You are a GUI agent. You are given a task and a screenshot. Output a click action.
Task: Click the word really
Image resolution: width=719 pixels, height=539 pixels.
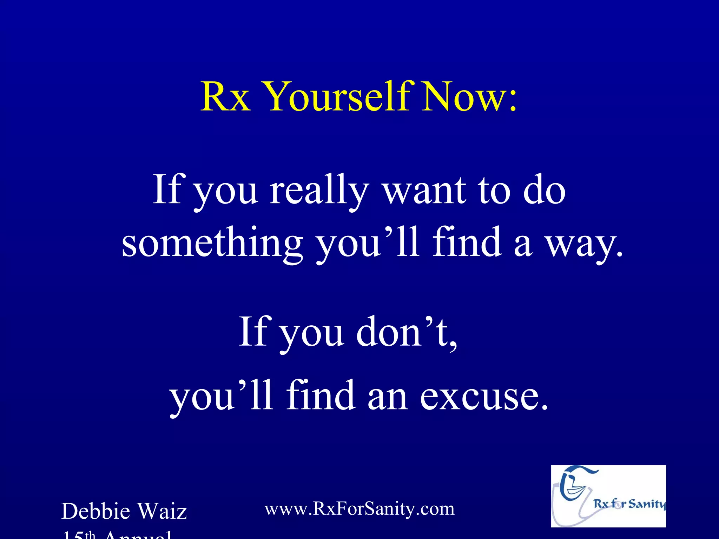pyautogui.click(x=319, y=191)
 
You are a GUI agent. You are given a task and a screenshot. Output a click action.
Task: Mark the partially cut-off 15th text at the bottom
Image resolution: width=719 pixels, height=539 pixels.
pyautogui.click(x=79, y=535)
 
